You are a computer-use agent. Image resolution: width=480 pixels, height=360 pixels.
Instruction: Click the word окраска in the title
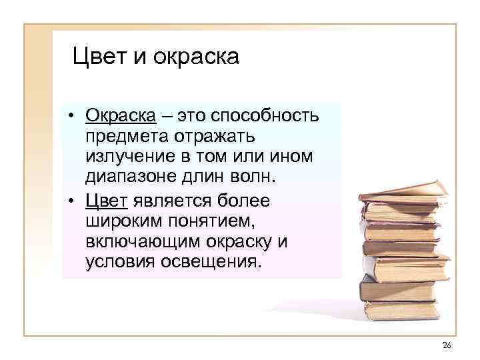[196, 58]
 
